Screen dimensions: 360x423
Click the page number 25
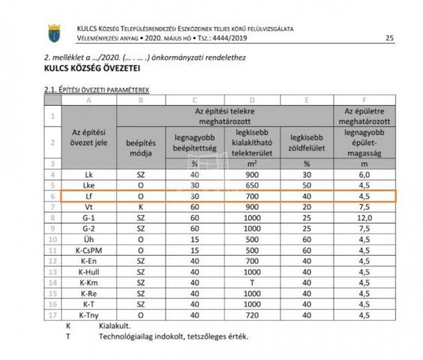pos(388,37)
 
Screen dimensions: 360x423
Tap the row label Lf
pos(89,196)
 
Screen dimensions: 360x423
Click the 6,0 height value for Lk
pos(364,174)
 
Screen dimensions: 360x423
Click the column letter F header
pos(364,99)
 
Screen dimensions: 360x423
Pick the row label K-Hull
pos(89,271)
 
